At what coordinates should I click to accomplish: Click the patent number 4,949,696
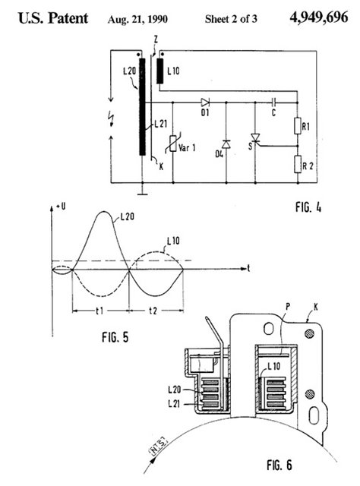tap(319, 17)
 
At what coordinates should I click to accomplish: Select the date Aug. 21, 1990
tap(137, 19)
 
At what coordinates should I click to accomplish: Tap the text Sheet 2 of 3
tap(231, 19)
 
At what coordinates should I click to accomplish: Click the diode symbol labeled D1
tap(205, 103)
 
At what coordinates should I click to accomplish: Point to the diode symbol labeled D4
tap(226, 144)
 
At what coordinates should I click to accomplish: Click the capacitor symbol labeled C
tap(274, 102)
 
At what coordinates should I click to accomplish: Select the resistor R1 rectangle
tap(298, 126)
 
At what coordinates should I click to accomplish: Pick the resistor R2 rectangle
tap(298, 164)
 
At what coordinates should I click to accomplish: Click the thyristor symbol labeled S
tap(255, 137)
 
